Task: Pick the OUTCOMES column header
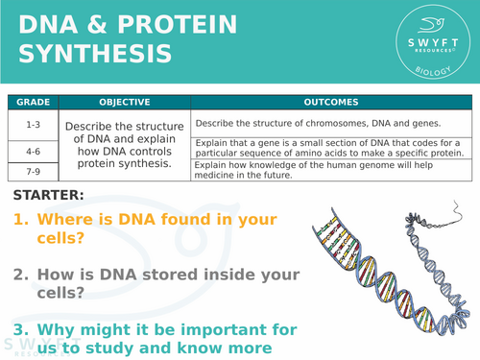point(331,102)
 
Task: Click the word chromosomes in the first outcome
point(315,123)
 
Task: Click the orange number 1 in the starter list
point(20,219)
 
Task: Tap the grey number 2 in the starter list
point(20,275)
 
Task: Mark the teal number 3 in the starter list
point(20,330)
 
